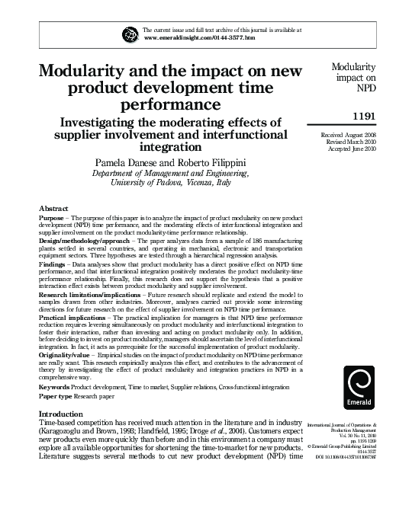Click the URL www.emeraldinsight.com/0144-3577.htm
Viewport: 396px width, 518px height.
tap(199, 37)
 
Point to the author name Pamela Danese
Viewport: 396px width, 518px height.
tap(126, 163)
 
